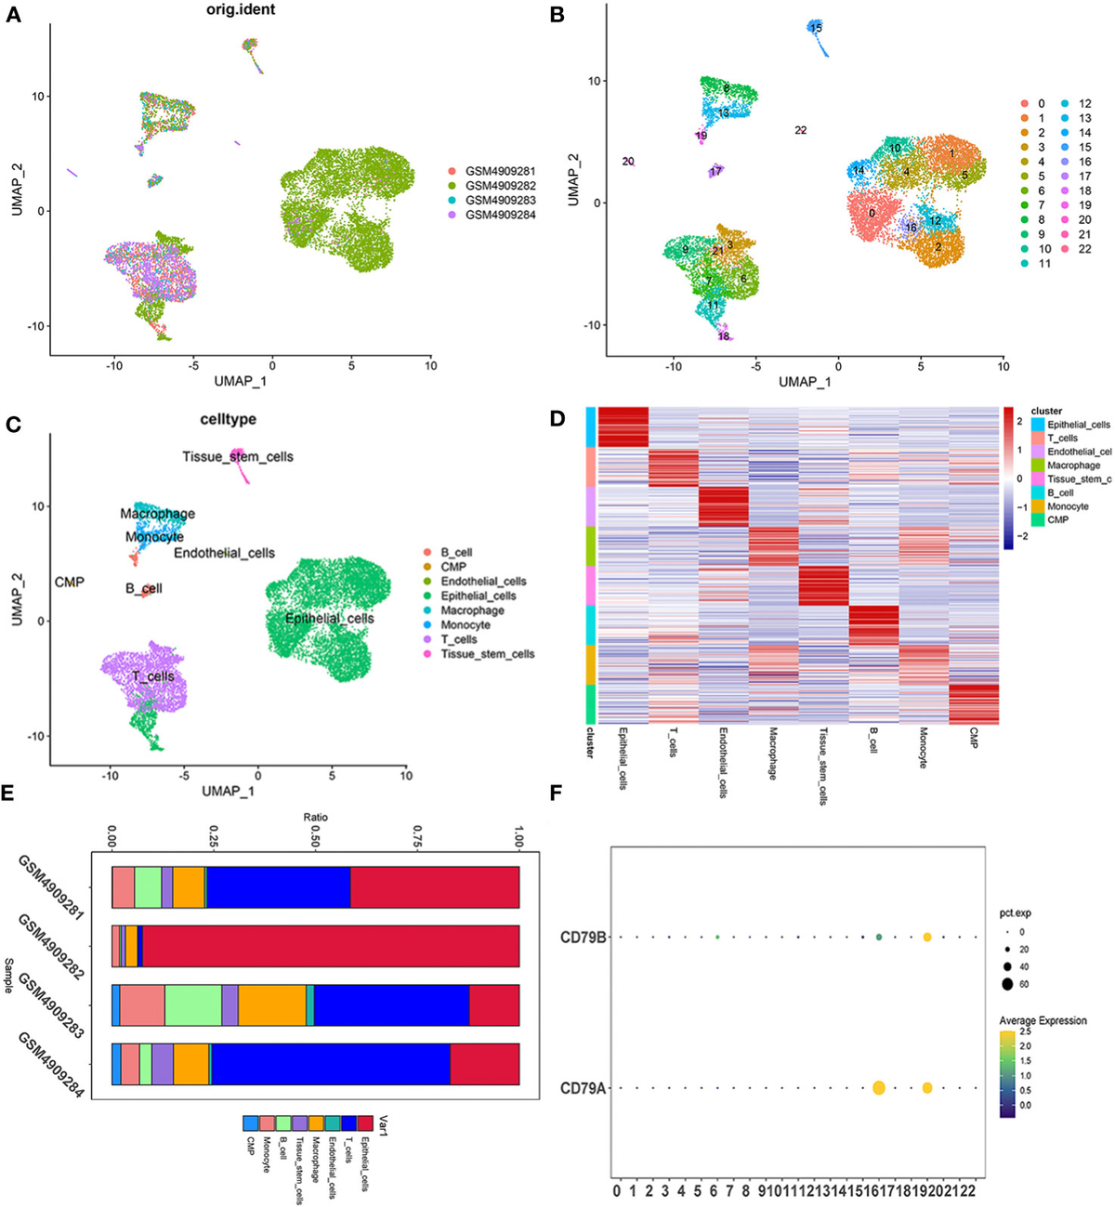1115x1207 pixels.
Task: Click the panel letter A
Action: pos(13,16)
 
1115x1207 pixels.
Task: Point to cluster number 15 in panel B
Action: pos(816,28)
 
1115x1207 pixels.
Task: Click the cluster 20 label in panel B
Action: pos(628,162)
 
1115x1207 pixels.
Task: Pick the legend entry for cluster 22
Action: pos(1084,249)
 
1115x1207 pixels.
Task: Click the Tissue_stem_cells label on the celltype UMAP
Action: pos(237,457)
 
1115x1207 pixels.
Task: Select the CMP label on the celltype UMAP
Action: pos(70,582)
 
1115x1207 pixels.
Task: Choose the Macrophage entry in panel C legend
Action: pos(472,610)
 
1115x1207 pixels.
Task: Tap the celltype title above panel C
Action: pos(228,420)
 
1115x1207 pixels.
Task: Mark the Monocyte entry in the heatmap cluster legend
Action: pos(1068,506)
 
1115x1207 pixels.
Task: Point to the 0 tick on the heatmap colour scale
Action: pos(1018,479)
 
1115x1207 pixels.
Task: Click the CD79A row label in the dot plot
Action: pos(583,1088)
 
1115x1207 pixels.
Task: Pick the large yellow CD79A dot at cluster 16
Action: pos(878,1088)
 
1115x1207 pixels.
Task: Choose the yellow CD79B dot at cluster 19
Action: pos(927,937)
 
